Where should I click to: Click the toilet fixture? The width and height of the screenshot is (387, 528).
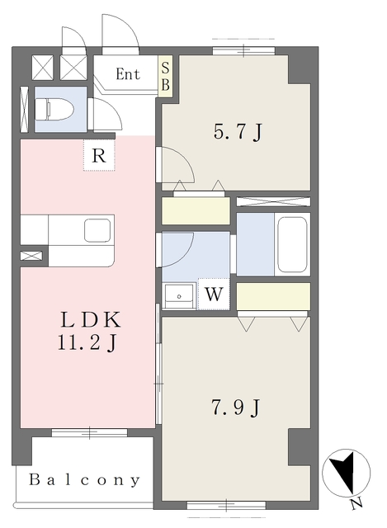point(54,109)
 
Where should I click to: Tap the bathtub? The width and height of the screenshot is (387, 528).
point(292,244)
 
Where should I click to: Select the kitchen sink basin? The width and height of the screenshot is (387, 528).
point(97,230)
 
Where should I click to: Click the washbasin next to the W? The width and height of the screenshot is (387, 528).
point(179,295)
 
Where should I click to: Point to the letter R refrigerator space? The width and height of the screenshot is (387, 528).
point(99,156)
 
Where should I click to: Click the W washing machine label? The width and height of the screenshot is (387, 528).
point(215,295)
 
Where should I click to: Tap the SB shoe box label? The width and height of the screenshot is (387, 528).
point(165,77)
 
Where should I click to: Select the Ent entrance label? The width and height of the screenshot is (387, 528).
point(128,74)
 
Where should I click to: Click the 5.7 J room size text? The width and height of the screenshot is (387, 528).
point(238,132)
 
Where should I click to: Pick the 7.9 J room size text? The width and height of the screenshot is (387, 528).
point(235,408)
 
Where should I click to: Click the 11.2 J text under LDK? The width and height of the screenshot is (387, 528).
point(87,343)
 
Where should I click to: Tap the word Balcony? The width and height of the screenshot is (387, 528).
point(84,480)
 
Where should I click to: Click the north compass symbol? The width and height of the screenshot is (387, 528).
point(347,473)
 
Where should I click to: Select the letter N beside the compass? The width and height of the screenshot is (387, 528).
point(356,504)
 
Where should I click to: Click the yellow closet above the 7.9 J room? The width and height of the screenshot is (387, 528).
point(273,296)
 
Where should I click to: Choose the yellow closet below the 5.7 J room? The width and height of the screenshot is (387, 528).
point(196,210)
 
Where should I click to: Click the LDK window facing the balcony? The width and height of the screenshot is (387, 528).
point(90,432)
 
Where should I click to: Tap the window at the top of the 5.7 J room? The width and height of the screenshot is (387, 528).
point(244,51)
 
